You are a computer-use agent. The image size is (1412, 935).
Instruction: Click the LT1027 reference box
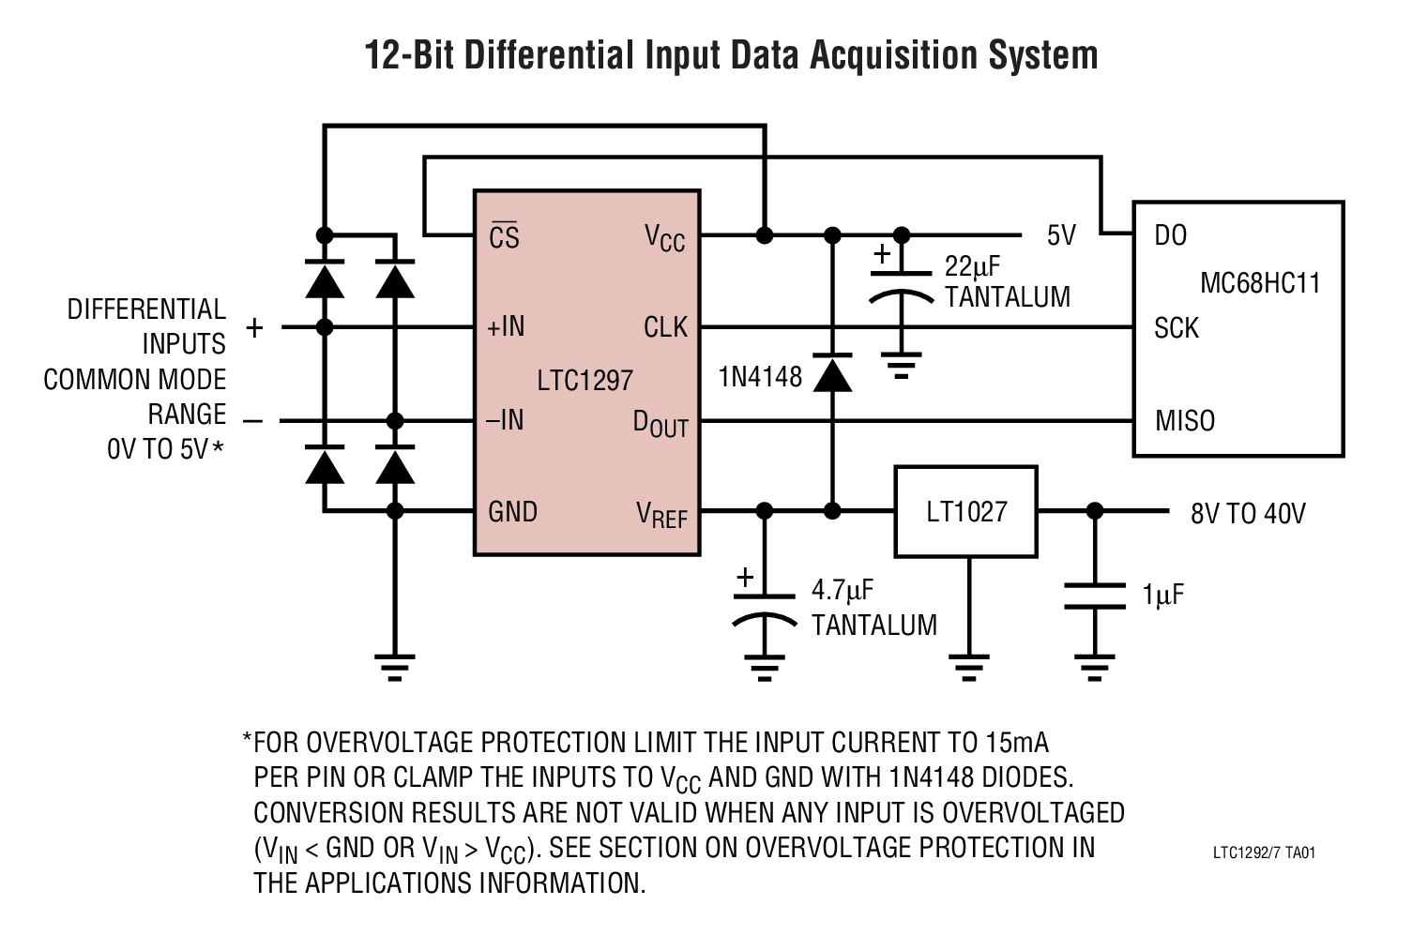coord(965,512)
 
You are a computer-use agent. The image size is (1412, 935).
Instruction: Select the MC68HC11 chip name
coord(1259,282)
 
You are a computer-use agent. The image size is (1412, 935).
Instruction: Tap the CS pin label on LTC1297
coord(504,236)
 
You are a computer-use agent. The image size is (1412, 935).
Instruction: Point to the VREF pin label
coord(661,514)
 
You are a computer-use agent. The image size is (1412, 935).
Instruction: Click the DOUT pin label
coord(660,424)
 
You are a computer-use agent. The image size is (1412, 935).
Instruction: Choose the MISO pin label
coord(1184,420)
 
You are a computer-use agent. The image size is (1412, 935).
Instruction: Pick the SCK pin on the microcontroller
coord(1176,328)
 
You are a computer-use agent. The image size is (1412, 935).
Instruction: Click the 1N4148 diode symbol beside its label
coord(831,373)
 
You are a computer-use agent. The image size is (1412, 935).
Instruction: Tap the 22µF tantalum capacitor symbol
coord(902,285)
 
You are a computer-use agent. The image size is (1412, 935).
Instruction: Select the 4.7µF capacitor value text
coord(842,591)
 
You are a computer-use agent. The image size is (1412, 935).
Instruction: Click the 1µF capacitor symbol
coord(1094,596)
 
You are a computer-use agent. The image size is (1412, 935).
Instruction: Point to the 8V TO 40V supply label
coord(1247,513)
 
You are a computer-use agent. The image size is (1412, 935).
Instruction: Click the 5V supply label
coord(1061,234)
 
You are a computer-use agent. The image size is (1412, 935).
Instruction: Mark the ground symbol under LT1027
coord(967,666)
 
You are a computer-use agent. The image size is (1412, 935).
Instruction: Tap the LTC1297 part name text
coord(585,380)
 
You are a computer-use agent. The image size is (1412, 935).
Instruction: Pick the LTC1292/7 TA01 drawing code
coord(1263,853)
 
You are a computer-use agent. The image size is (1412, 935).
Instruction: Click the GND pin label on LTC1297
coord(512,511)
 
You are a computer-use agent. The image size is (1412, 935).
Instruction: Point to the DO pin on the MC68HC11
coord(1170,234)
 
